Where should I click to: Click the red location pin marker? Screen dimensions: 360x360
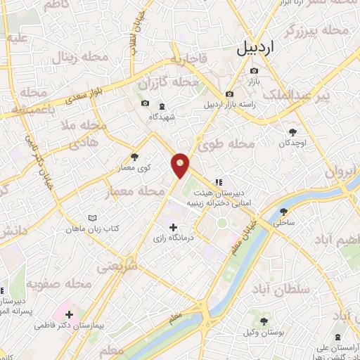point(181,165)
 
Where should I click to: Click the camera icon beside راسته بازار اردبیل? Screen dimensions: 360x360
point(229,94)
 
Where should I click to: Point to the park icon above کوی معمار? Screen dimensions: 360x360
point(135,157)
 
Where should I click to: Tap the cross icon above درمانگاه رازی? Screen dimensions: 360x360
point(173,226)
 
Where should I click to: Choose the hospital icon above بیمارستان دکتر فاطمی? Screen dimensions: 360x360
point(69,313)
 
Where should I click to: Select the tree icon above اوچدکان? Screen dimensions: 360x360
point(293,131)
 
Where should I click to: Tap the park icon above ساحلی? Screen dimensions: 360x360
point(283,210)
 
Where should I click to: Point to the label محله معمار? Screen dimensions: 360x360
point(131,192)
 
